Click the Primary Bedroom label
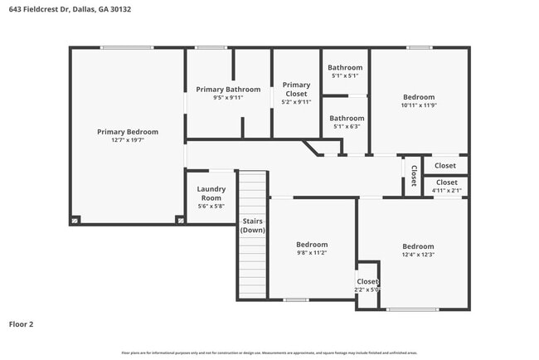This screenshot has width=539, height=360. pos(127,132)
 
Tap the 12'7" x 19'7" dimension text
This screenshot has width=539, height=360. pos(127,140)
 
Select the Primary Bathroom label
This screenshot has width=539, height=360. pos(228,89)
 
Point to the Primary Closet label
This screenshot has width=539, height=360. pos(296,89)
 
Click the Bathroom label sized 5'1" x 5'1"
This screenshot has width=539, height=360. pos(345,67)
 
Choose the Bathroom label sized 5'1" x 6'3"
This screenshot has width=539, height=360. pos(347,119)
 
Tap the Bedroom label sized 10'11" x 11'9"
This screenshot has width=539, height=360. pos(418,97)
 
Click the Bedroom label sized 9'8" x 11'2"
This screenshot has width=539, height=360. pos(312,245)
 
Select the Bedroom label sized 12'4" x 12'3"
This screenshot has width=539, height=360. pos(418,246)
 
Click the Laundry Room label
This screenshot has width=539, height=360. pos(211,193)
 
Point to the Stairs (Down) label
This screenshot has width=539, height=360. pos(253,226)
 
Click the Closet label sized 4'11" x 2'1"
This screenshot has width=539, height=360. pos(446,182)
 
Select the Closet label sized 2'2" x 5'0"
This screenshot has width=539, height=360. pos(367,281)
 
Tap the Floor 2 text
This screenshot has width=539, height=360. pos(21,324)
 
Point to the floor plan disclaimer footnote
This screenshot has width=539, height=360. pos(269,353)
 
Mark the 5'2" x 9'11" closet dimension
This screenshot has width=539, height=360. pos(296,102)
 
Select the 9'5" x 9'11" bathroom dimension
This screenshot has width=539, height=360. pos(228,98)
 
